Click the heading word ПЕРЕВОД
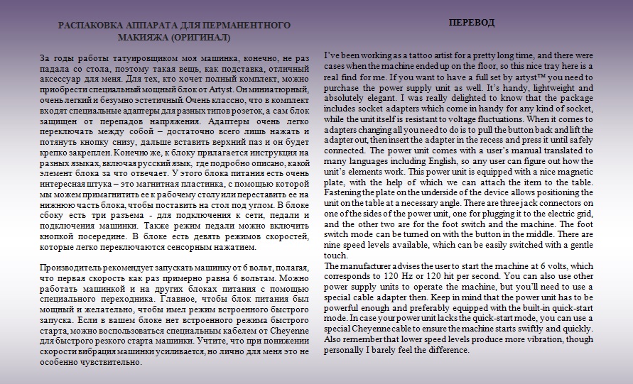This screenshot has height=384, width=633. coord(472,23)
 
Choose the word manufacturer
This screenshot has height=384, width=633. coord(369,266)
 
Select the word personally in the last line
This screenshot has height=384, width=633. coord(350,350)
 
